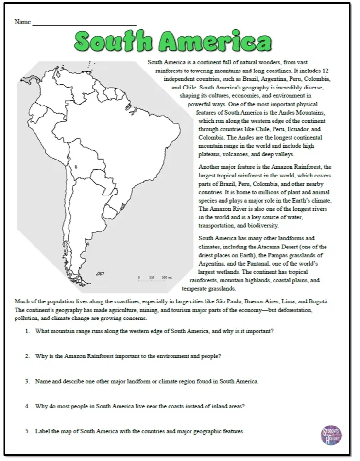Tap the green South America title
pyautogui.click(x=173, y=42)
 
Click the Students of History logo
pyautogui.click(x=331, y=434)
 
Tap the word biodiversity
pyautogui.click(x=261, y=226)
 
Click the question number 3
pyautogui.click(x=27, y=381)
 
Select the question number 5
pyautogui.click(x=27, y=431)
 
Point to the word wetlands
pyautogui.click(x=226, y=272)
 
